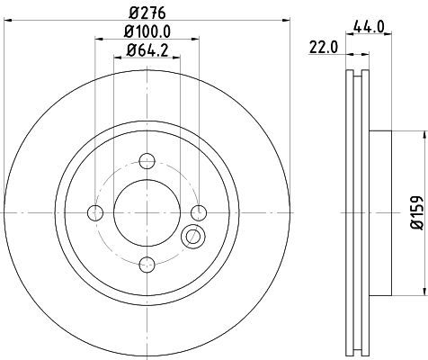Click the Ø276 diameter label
(x=147, y=13)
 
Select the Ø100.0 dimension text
(x=147, y=31)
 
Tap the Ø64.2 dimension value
(x=147, y=50)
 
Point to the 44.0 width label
(x=369, y=27)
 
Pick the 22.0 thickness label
(x=324, y=48)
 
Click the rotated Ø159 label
(x=416, y=212)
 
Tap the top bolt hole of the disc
(x=147, y=161)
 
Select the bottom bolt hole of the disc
(x=147, y=265)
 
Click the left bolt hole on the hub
(x=95, y=212)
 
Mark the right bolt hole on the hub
(x=199, y=212)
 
